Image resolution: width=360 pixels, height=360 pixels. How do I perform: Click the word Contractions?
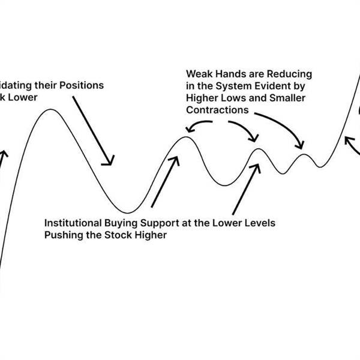pyautogui.click(x=217, y=110)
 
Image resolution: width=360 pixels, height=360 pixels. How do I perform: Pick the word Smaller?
pyautogui.click(x=292, y=98)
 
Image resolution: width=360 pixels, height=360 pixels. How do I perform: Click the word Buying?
pyautogui.click(x=121, y=223)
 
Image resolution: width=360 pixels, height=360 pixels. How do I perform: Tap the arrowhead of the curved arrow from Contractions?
pyautogui.click(x=300, y=146)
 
